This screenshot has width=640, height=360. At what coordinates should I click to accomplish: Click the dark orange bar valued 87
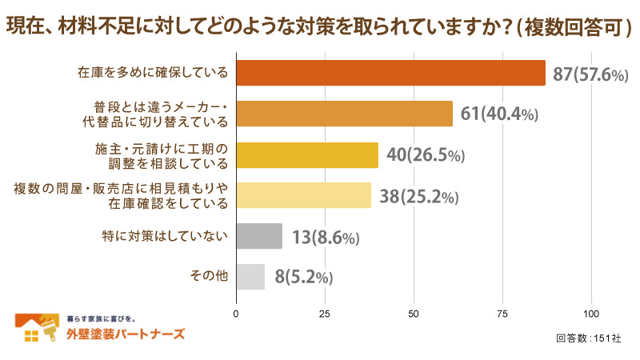(x=390, y=73)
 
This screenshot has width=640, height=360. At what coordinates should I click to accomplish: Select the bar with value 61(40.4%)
(x=344, y=114)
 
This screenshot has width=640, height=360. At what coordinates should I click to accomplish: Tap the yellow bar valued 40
(x=307, y=154)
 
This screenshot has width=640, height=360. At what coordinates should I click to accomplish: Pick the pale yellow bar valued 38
(x=303, y=195)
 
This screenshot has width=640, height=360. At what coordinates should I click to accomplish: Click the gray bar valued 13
(x=259, y=236)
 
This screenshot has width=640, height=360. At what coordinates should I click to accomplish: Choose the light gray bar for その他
(x=250, y=277)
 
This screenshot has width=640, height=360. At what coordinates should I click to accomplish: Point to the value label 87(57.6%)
(x=590, y=74)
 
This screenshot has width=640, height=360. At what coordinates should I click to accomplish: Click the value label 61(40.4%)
(x=499, y=114)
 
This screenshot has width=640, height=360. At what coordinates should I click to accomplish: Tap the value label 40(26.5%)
(x=425, y=155)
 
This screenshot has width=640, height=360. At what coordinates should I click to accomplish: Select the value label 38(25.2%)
(x=418, y=196)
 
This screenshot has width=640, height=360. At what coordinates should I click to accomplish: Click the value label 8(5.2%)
(x=303, y=278)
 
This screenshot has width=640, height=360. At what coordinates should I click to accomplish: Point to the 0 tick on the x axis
(x=236, y=313)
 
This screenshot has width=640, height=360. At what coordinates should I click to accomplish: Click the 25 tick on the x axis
(x=325, y=313)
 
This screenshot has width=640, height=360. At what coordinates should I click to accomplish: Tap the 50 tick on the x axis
(x=414, y=313)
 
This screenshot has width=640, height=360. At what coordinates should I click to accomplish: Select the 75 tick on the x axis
(x=503, y=313)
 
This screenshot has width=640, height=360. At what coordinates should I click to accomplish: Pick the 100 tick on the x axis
(x=592, y=313)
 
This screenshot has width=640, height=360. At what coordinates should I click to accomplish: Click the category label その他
(x=209, y=276)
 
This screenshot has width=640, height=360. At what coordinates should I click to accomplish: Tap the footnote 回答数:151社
(x=588, y=338)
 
